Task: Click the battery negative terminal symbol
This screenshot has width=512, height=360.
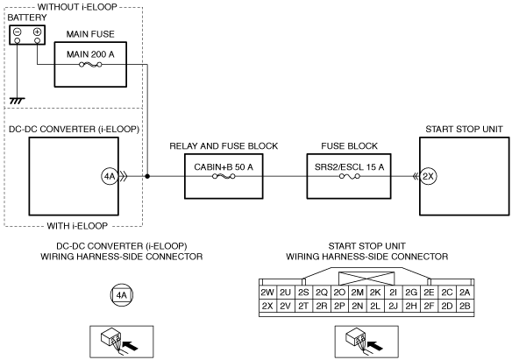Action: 18,32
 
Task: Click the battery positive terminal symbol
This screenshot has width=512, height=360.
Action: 37,32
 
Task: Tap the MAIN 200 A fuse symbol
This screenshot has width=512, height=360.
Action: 90,65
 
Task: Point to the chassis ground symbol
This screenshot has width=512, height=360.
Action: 18,101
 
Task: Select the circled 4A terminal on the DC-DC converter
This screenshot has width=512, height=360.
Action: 110,176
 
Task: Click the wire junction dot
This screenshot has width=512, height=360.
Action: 147,176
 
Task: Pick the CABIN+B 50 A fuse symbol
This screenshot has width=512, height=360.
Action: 224,176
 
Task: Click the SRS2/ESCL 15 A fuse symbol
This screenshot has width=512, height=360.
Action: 350,176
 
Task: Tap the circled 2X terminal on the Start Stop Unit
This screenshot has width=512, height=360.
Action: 428,176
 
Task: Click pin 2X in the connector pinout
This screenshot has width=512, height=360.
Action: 267,306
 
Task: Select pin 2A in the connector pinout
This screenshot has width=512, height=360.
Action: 465,293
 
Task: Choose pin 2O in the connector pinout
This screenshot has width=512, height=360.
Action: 339,293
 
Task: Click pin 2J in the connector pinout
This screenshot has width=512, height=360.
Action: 394,306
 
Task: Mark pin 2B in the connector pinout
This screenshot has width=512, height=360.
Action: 465,306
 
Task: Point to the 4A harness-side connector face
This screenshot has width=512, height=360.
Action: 122,295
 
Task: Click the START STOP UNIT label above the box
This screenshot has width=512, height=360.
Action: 464,130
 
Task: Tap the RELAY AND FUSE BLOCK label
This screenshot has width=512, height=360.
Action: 224,146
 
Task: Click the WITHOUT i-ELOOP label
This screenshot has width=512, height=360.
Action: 77,7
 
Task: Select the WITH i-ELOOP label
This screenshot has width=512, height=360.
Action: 77,226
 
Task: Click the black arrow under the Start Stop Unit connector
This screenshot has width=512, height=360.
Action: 375,345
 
